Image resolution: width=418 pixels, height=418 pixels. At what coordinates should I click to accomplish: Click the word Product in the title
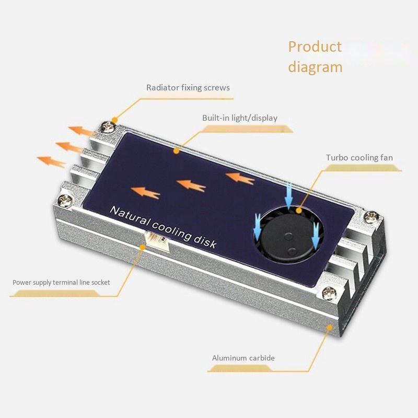pyautogui.click(x=315, y=47)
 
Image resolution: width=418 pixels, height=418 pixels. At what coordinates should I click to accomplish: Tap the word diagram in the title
pyautogui.click(x=315, y=67)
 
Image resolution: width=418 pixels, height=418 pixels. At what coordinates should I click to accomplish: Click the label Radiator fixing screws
pyautogui.click(x=188, y=87)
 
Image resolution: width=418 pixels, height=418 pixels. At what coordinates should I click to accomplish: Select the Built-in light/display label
pyautogui.click(x=240, y=118)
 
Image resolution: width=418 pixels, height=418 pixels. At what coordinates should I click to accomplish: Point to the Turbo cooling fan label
pyautogui.click(x=359, y=157)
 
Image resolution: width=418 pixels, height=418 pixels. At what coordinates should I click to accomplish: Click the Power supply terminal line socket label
pyautogui.click(x=61, y=282)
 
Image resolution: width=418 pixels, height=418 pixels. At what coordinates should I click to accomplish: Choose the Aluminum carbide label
pyautogui.click(x=243, y=358)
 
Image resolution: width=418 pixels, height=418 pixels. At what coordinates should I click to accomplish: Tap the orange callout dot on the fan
pyautogui.click(x=299, y=211)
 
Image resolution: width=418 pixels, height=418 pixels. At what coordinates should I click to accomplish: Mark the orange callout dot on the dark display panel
pyautogui.click(x=177, y=152)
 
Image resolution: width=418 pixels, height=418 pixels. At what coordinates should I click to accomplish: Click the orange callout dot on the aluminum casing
pyautogui.click(x=329, y=327)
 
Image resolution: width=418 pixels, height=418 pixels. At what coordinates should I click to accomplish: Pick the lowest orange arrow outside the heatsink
pyautogui.click(x=51, y=161)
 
